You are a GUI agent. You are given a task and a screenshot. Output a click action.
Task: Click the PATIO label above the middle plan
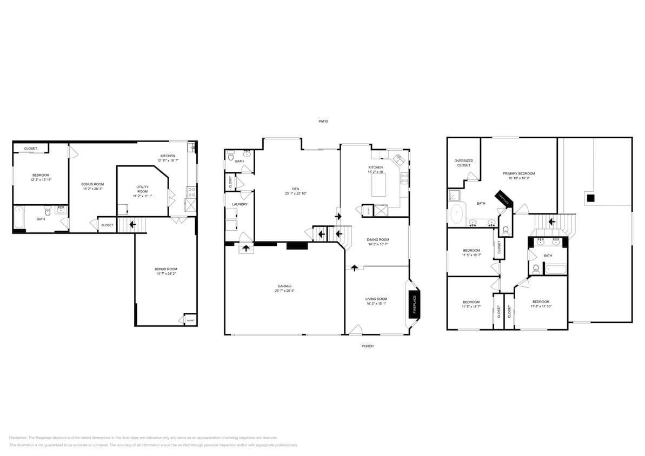tap(323, 122)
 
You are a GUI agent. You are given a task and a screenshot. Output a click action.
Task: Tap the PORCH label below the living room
tap(368, 346)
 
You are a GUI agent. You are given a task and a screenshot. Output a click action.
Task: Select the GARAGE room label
tap(285, 286)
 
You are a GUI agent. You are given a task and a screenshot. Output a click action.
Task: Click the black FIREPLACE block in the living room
tap(415, 304)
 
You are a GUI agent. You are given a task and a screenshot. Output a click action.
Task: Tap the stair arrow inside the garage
tap(247, 249)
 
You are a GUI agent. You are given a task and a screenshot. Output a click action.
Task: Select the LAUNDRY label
tap(240, 204)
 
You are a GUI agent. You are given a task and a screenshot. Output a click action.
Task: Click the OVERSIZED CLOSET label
tap(464, 163)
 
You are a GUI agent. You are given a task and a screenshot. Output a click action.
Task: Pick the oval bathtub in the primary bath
tap(458, 214)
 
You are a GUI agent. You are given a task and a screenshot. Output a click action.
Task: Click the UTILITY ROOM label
tap(142, 189)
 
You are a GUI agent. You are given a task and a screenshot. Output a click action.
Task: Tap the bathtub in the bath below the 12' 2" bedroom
tap(19, 218)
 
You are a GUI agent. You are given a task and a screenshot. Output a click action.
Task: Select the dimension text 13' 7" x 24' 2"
tap(165, 274)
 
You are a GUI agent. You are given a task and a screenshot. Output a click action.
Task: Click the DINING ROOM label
tap(378, 239)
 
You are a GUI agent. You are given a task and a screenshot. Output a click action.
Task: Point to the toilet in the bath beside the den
tap(231, 157)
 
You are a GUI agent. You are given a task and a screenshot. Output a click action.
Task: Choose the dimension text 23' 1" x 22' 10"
tap(296, 193)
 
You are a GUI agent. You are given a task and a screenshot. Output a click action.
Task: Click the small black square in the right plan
tap(591, 198)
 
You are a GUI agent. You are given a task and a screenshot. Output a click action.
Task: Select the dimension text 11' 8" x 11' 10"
tap(541, 306)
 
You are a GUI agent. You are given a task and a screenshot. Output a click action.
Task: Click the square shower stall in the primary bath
tap(454, 195)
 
